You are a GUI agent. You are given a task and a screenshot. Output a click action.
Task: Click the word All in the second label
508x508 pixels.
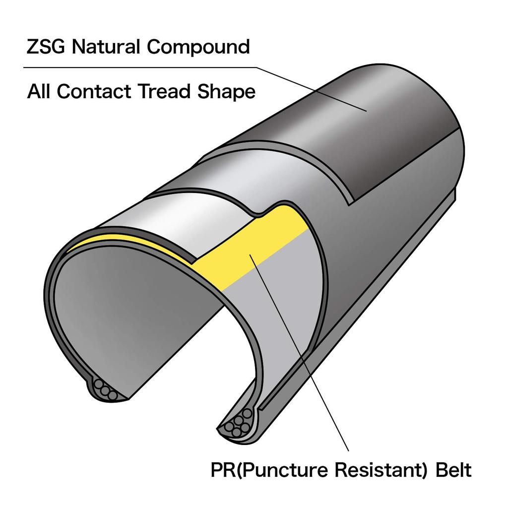click(39, 91)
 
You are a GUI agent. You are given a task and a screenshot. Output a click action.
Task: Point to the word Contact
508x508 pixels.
click(94, 91)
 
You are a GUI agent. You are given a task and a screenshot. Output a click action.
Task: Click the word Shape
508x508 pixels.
click(226, 91)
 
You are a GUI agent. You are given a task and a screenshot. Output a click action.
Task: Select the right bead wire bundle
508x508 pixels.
click(238, 425)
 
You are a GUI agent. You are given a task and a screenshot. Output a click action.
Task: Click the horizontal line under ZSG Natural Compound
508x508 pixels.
click(140, 67)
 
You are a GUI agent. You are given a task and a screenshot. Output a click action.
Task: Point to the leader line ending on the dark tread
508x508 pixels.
click(312, 89)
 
